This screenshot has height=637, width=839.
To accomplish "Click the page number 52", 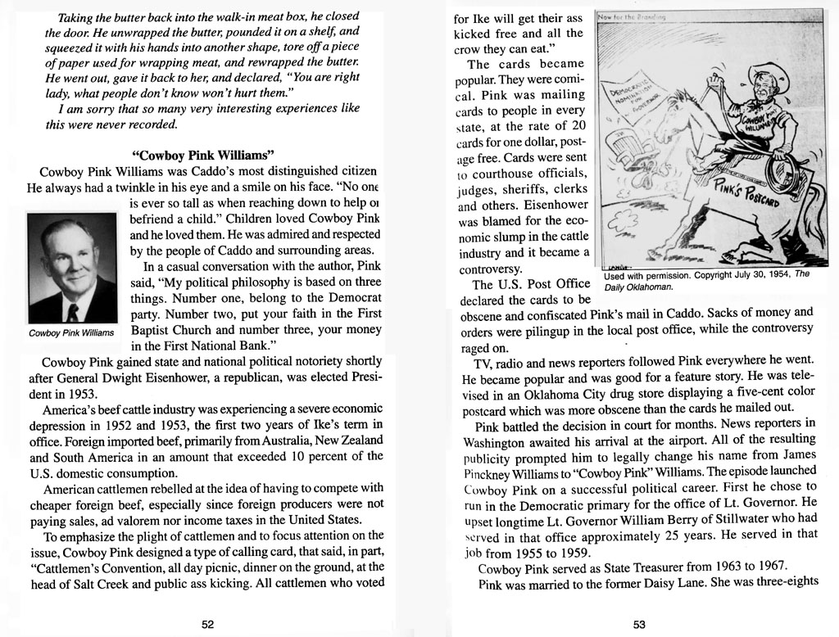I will point(208,624).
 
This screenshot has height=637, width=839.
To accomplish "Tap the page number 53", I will point(640,624).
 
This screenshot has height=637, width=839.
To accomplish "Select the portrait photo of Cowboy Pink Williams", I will point(72,269).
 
